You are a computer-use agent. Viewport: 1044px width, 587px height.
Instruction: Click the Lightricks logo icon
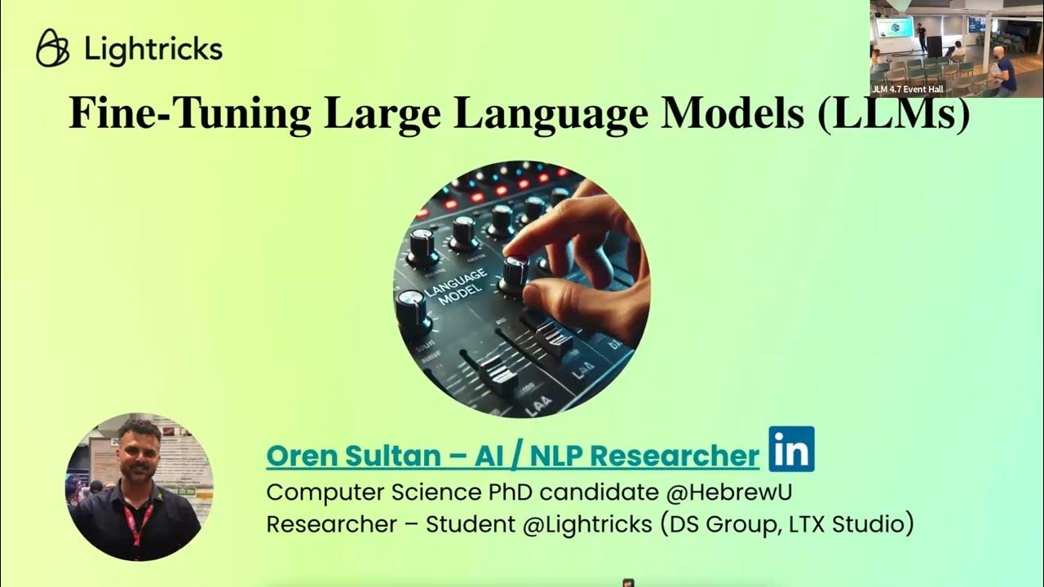54,48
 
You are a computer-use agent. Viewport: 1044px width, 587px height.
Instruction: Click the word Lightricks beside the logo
153,49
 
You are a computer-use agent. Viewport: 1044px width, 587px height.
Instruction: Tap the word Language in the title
552,113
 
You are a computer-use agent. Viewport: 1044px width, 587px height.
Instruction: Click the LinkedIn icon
791,448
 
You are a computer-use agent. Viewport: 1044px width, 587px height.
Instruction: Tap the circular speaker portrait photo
139,487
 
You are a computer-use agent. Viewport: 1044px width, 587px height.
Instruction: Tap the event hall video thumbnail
956,49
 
